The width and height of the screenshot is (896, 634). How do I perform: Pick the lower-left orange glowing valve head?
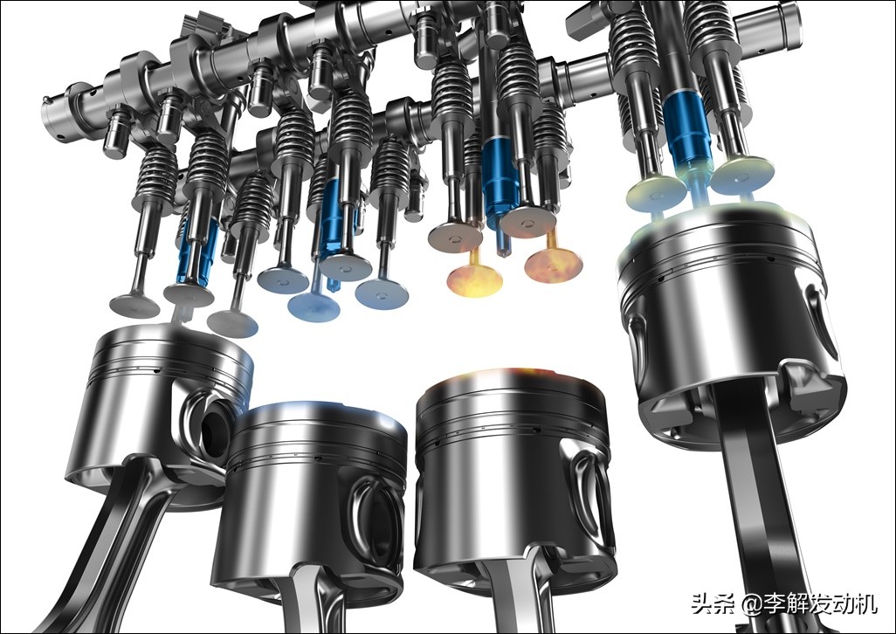point(475,279)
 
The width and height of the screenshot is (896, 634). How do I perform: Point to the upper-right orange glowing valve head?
point(553,265)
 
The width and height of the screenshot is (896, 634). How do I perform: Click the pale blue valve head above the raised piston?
point(742,173)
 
